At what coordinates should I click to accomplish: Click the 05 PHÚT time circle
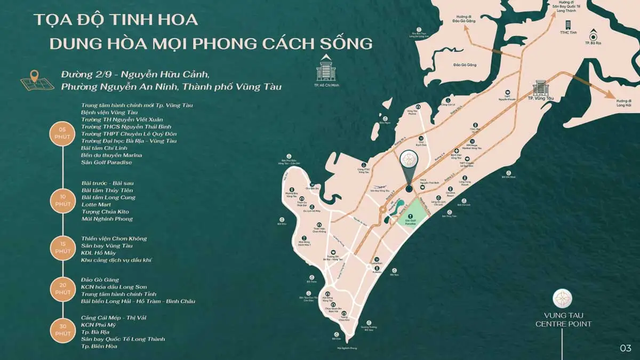pyautogui.click(x=62, y=133)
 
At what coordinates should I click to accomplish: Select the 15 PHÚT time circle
pyautogui.click(x=62, y=247)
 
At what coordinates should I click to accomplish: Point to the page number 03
pyautogui.click(x=626, y=348)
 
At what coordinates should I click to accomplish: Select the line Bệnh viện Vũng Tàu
pyautogui.click(x=109, y=113)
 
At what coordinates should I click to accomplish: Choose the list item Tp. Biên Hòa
pyautogui.click(x=99, y=346)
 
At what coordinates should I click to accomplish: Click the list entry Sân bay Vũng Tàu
pyautogui.click(x=107, y=246)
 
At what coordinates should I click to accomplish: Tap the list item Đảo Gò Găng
pyautogui.click(x=100, y=279)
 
